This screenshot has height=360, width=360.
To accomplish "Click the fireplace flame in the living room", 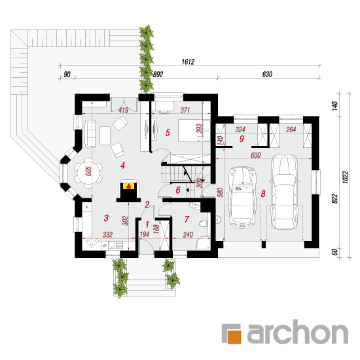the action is [x=129, y=186].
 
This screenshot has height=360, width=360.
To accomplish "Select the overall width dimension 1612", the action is [x=188, y=62].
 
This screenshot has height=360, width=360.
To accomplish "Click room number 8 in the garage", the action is [x=263, y=194].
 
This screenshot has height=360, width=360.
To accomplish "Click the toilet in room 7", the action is [x=204, y=224].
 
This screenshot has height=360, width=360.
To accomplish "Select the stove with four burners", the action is [x=92, y=241].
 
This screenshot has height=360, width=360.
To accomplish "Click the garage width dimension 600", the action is [x=255, y=155].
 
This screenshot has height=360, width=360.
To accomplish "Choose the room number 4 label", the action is [x=122, y=166].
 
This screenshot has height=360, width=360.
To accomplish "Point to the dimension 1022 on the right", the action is [x=346, y=177].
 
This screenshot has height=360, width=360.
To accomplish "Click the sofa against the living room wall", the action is [x=90, y=134].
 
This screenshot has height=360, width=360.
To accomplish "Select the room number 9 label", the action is [x=242, y=139].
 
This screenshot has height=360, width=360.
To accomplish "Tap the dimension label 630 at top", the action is [x=267, y=75].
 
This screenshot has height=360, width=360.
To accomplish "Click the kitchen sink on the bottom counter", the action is [x=112, y=245].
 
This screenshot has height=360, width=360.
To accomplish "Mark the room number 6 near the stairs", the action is [x=178, y=190].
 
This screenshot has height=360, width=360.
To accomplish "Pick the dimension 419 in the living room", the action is [x=123, y=110].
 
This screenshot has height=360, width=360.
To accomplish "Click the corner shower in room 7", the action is [x=203, y=243].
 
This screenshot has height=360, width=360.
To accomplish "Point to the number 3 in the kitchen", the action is [x=106, y=218].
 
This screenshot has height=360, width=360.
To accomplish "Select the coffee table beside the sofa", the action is [x=105, y=135].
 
